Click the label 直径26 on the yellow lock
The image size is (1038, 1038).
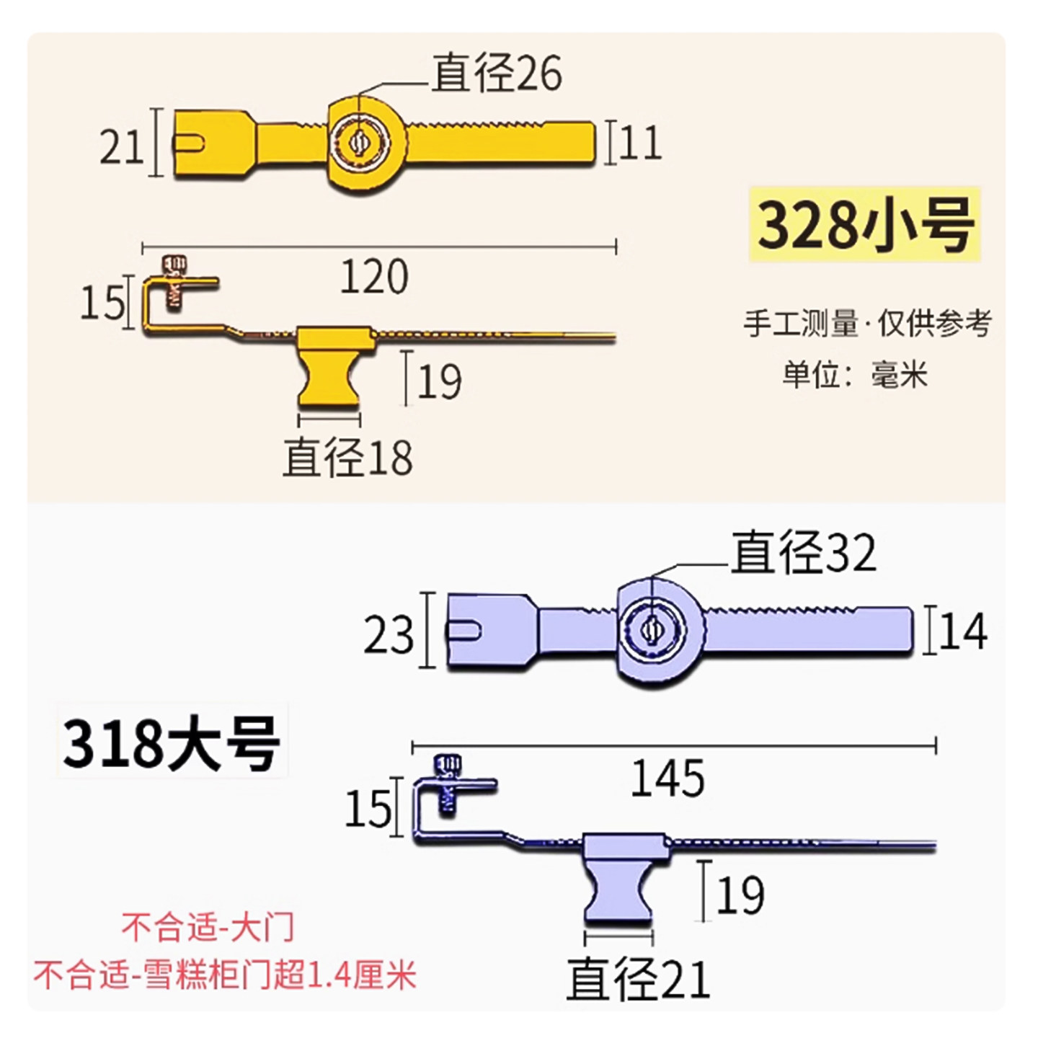(x=497, y=74)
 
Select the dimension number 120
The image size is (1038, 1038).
(x=374, y=277)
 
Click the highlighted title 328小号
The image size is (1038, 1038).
(x=866, y=225)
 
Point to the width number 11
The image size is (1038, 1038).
(x=640, y=143)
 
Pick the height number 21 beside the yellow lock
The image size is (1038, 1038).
(x=121, y=147)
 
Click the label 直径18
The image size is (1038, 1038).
(x=348, y=457)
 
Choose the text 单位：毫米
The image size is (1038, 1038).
(x=855, y=375)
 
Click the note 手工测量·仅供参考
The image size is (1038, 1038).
(x=868, y=323)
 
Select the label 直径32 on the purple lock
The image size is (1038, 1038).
(x=804, y=553)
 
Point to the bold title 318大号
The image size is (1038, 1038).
(x=172, y=742)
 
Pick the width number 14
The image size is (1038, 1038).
(x=963, y=631)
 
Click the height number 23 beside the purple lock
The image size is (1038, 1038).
(x=389, y=635)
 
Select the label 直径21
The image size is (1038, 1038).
(x=639, y=979)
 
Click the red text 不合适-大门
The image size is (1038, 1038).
(x=208, y=927)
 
